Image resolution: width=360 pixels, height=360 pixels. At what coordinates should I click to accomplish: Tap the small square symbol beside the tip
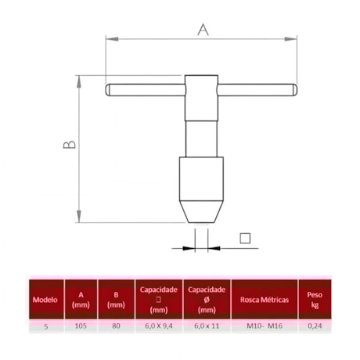point(244,238)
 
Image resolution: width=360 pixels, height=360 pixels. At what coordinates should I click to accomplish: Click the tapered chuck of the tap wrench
point(200,192)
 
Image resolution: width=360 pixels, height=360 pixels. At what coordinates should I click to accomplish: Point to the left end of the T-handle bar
point(110,90)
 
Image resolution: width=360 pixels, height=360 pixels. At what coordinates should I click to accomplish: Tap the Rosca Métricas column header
point(265,301)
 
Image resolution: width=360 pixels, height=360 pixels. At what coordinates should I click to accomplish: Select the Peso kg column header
point(315,300)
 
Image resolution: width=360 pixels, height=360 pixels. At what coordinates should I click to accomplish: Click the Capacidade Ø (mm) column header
point(207,300)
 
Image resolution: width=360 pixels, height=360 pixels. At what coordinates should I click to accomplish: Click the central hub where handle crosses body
point(200,90)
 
